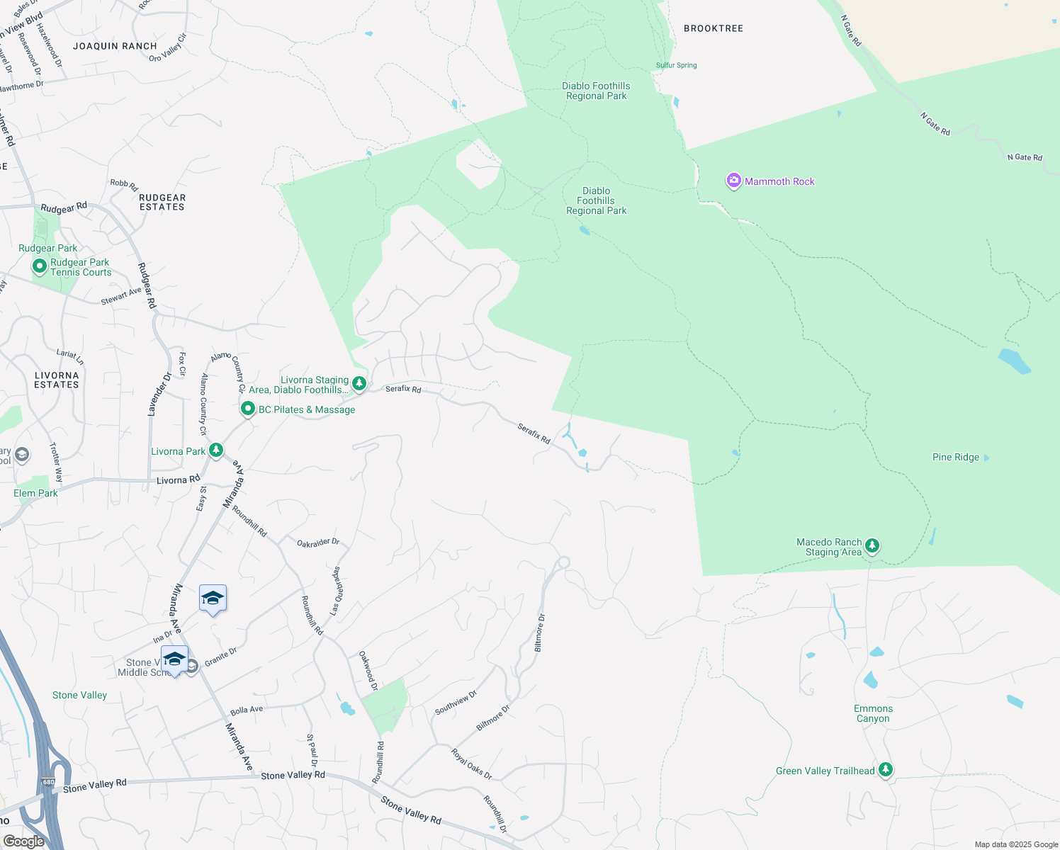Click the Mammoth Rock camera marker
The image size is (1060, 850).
pyautogui.click(x=733, y=181)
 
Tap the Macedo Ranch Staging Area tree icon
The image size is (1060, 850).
pyautogui.click(x=872, y=545)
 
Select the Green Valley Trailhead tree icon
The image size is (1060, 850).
pyautogui.click(x=885, y=769)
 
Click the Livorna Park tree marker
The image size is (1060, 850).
pyautogui.click(x=216, y=450)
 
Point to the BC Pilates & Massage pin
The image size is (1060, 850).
pyautogui.click(x=247, y=409)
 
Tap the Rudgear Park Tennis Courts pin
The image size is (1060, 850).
pyautogui.click(x=40, y=267)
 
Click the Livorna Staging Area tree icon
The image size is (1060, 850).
pyautogui.click(x=359, y=383)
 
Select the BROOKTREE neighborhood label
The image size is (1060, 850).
pyautogui.click(x=714, y=28)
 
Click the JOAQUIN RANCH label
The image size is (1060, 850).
pyautogui.click(x=115, y=46)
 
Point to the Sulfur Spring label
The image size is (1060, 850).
pyautogui.click(x=676, y=65)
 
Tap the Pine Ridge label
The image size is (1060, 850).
pyautogui.click(x=955, y=457)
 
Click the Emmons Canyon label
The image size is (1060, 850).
pyautogui.click(x=873, y=713)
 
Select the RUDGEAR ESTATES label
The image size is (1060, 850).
pyautogui.click(x=162, y=203)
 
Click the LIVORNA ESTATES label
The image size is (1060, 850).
pyautogui.click(x=57, y=380)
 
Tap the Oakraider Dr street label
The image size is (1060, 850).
pyautogui.click(x=318, y=543)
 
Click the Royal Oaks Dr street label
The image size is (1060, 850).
pyautogui.click(x=471, y=764)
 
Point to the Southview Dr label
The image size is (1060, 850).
pyautogui.click(x=456, y=703)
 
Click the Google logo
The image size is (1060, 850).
pyautogui.click(x=23, y=841)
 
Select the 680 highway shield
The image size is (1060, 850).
pyautogui.click(x=47, y=782)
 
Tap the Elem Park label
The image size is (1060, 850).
pyautogui.click(x=35, y=493)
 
